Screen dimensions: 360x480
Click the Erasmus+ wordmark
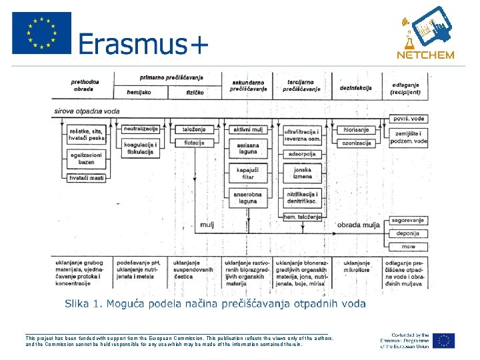[x=143, y=45]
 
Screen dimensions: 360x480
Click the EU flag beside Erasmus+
[x=41, y=33]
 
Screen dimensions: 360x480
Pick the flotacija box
[x=194, y=142]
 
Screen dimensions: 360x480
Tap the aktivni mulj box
[x=248, y=129]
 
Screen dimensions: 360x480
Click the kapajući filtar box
[x=247, y=173]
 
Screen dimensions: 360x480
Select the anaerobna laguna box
[x=247, y=197]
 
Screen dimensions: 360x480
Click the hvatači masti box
[x=87, y=177]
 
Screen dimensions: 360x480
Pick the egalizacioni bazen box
[x=87, y=159]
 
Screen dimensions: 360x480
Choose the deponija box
[x=407, y=233]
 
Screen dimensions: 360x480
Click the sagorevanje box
[x=407, y=220]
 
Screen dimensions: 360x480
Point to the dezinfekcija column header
[x=355, y=87]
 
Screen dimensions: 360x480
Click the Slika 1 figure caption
[x=215, y=304]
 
